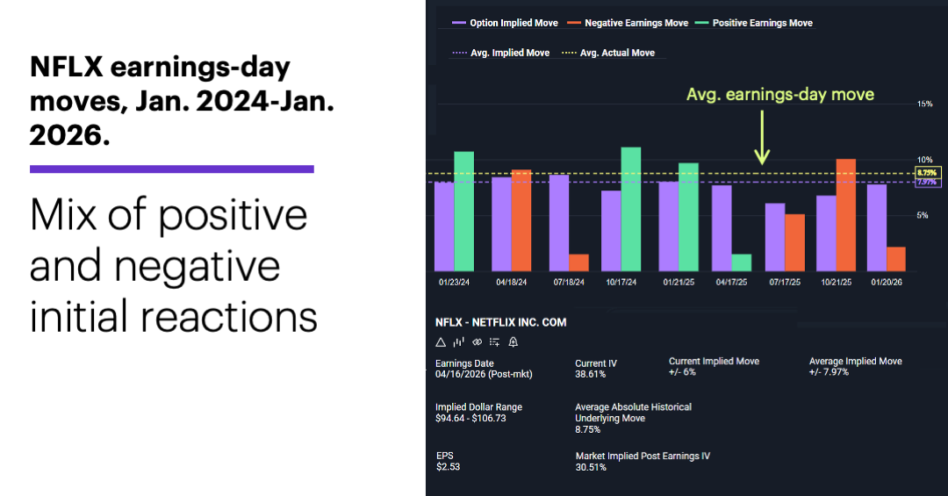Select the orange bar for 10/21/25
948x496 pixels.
click(x=846, y=215)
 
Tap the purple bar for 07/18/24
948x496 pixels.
click(x=559, y=223)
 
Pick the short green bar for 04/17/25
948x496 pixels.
click(x=742, y=262)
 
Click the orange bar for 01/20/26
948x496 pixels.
click(x=895, y=259)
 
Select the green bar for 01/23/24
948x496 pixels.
click(x=463, y=211)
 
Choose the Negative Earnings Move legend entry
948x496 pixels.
click(x=629, y=23)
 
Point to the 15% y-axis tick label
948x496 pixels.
click(x=924, y=104)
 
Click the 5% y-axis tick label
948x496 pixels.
click(x=922, y=215)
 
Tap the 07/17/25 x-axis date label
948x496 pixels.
click(x=786, y=284)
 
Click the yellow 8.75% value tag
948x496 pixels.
click(x=928, y=172)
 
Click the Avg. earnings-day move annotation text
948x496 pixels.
click(x=780, y=95)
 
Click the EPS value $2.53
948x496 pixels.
click(x=448, y=466)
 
